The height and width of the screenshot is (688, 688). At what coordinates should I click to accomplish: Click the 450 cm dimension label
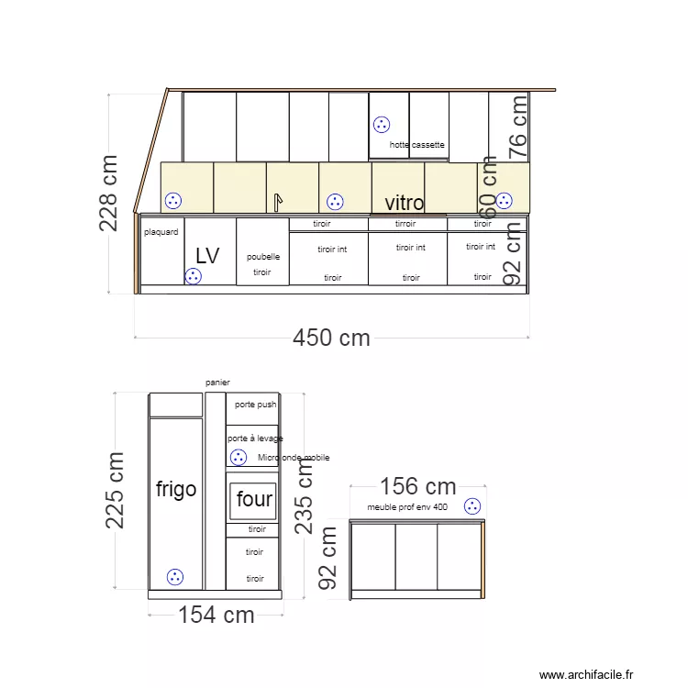[x=331, y=338]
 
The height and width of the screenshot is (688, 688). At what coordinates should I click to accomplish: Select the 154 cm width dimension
[x=216, y=615]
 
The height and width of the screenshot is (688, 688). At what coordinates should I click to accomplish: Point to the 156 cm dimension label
[x=417, y=486]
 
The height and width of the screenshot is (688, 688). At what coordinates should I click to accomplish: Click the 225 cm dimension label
[x=116, y=490]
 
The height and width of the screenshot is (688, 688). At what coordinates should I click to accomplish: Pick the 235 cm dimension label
[x=304, y=496]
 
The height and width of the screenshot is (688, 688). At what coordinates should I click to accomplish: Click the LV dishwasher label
[x=208, y=256]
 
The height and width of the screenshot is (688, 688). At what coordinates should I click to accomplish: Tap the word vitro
[x=404, y=203]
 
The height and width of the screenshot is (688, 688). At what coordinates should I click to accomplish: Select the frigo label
[x=176, y=489]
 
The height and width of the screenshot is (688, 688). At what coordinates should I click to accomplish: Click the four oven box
[x=252, y=500]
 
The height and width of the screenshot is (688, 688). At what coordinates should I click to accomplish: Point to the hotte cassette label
[x=417, y=145]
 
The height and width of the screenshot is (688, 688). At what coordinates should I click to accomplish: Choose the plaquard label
[x=161, y=232]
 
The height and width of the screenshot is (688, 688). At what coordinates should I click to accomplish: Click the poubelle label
[x=263, y=257]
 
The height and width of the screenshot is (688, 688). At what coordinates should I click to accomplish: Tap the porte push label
[x=255, y=404]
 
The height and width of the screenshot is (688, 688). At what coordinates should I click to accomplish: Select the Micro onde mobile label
[x=294, y=458]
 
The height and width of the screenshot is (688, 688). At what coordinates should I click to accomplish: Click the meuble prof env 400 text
[x=407, y=507]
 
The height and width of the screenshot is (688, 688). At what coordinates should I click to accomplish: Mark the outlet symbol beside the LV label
[x=193, y=276]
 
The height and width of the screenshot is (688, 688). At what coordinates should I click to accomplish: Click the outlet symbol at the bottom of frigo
[x=174, y=577]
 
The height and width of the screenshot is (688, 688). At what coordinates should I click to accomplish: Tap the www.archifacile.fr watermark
[x=586, y=674]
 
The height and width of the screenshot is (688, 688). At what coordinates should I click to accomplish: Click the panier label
[x=217, y=382]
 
